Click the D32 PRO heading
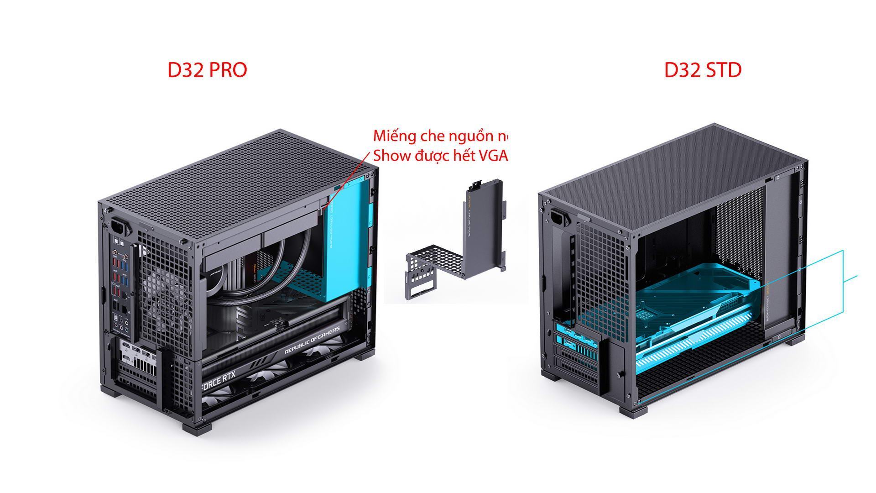207,70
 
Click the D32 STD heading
703,70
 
